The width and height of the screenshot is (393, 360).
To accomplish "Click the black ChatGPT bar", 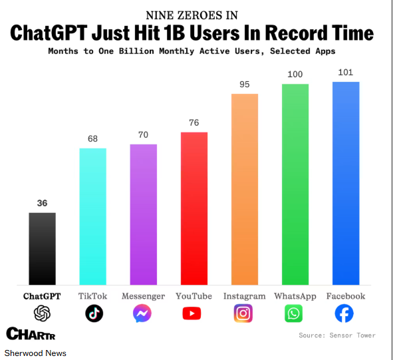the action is click(42, 249).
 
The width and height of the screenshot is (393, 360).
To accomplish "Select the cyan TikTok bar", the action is click(92, 216).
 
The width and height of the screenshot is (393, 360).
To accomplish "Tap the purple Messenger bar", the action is click(144, 214).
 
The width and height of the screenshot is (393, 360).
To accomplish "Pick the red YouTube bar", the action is click(194, 208).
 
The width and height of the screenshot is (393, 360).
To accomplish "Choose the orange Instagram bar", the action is click(245, 189).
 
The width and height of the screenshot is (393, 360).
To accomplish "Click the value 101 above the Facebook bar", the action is click(346, 73).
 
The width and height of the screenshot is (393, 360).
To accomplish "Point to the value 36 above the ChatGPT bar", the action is click(42, 203).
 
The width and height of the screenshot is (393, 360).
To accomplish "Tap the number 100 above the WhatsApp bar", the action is click(295, 75).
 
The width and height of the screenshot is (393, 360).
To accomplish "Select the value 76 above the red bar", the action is click(194, 122).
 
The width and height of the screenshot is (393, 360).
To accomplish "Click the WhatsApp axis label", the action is click(295, 296).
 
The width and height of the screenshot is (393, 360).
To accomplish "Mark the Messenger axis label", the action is click(144, 296).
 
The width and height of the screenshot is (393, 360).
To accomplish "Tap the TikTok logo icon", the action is click(94, 313).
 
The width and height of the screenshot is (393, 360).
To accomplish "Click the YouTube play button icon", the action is click(192, 313).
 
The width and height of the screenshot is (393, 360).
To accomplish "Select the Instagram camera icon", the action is click(243, 313).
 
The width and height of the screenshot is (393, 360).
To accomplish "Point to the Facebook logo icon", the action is click(344, 313).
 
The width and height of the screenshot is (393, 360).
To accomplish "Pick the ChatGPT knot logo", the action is click(42, 313).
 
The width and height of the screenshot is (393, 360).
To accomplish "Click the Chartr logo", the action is click(31, 333).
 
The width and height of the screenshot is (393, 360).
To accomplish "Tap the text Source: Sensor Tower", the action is click(337, 335).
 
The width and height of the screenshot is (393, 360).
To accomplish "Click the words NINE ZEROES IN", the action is click(192, 15).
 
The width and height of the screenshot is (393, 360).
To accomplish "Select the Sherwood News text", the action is click(35, 353).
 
